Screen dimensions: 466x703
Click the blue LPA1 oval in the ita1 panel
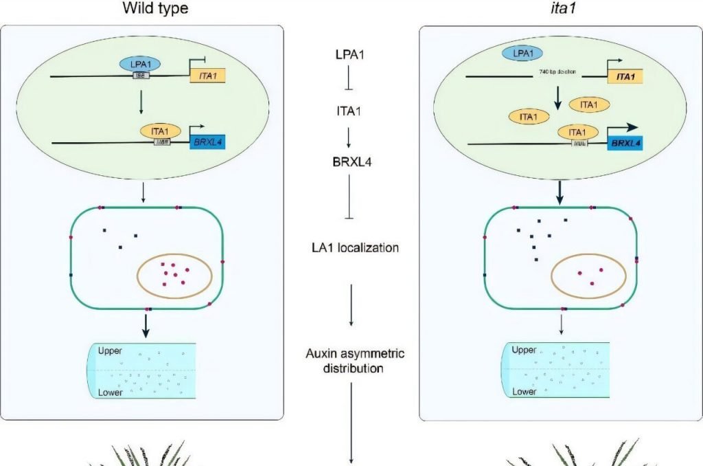tap(523, 52)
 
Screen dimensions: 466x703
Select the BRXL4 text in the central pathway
tap(351, 163)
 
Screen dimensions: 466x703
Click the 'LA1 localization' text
tap(351, 247)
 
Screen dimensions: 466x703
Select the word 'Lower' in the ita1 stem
tap(525, 392)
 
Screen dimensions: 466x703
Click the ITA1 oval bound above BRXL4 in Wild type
tap(159, 129)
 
